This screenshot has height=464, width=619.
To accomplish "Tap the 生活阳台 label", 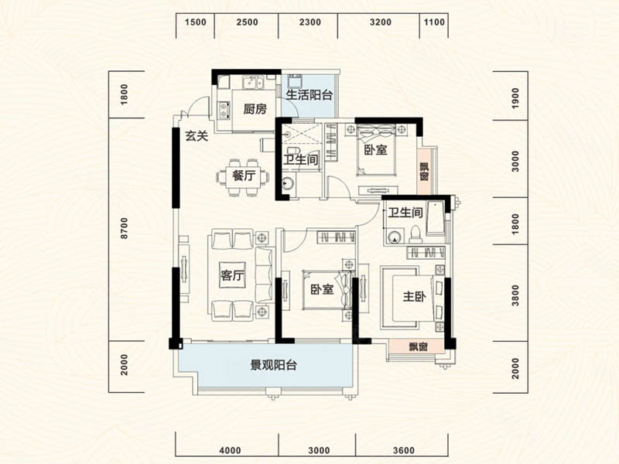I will [309, 96].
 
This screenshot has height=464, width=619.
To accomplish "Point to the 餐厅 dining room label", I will [243, 176].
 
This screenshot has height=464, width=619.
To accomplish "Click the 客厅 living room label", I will [233, 277].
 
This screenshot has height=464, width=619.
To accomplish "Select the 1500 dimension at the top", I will [196, 22].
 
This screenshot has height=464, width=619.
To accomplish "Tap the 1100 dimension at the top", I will [435, 22].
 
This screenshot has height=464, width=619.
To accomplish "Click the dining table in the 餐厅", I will [244, 176].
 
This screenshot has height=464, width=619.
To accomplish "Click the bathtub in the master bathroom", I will [436, 220].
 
